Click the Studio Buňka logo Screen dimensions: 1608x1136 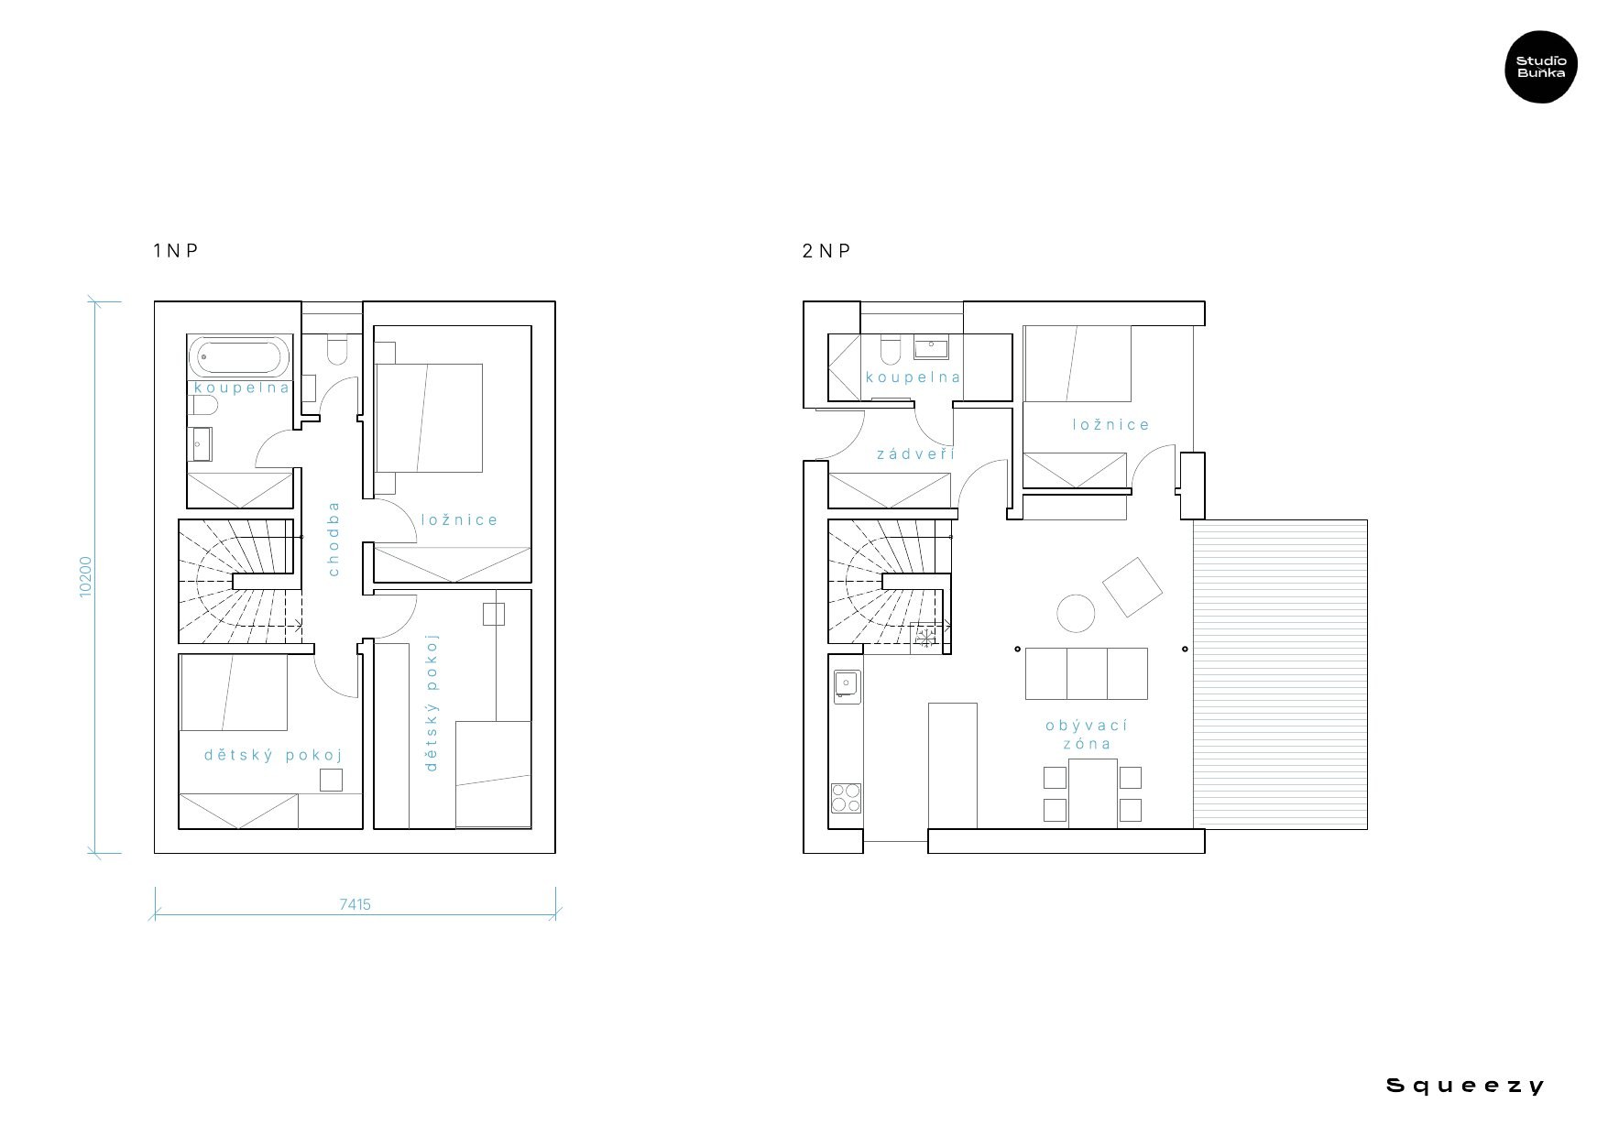point(1541,66)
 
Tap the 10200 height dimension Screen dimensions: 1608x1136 point(85,577)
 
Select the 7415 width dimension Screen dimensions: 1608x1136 point(355,904)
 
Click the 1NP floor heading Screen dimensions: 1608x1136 point(175,250)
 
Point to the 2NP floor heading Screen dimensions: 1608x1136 point(826,250)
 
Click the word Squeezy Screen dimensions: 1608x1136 point(1465,1087)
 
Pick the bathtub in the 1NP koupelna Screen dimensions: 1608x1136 point(240,355)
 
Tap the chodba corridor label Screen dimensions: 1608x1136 point(334,539)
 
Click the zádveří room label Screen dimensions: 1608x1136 point(916,453)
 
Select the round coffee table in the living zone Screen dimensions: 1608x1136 point(1076,613)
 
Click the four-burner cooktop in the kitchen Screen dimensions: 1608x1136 point(846,797)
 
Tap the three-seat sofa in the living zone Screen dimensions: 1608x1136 point(1086,673)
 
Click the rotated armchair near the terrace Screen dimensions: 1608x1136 point(1132,586)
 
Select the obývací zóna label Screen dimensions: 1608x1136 point(1087,734)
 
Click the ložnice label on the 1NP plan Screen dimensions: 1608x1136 point(460,519)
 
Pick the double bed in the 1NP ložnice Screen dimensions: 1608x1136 point(429,418)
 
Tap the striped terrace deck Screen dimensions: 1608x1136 point(1280,674)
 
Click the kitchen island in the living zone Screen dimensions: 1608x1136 point(953,766)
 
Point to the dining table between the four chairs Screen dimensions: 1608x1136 point(1093,793)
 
